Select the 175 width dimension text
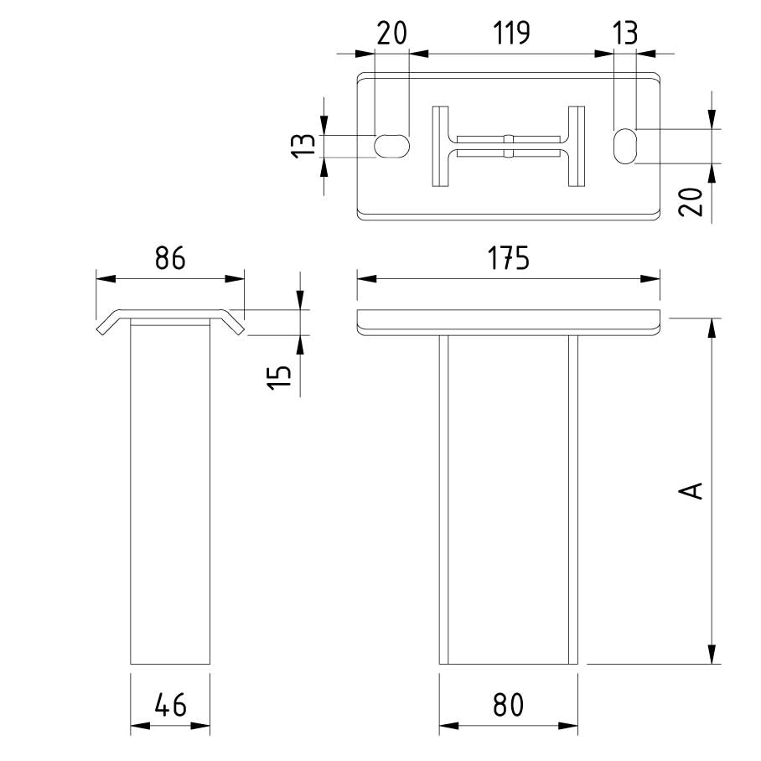click(x=510, y=260)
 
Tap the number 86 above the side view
click(x=169, y=260)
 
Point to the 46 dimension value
click(x=169, y=706)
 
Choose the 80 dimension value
click(x=508, y=706)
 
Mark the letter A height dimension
click(x=691, y=489)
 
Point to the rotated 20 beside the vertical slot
click(x=691, y=202)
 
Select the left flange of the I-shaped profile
click(x=441, y=146)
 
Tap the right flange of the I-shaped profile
click(x=575, y=146)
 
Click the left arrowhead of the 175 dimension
click(x=365, y=279)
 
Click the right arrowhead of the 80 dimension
click(x=572, y=726)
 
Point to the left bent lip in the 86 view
click(x=107, y=324)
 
